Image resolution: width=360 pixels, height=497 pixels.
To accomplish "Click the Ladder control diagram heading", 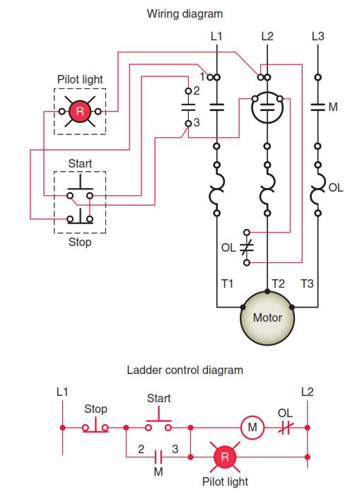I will click(x=185, y=370).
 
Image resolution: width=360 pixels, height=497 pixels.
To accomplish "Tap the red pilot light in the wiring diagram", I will click(x=80, y=111).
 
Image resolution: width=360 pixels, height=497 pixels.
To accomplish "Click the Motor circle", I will click(x=267, y=317).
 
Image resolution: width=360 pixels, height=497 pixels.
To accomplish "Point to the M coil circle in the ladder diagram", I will click(x=251, y=427).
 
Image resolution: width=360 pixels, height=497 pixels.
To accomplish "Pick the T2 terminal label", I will click(x=278, y=283).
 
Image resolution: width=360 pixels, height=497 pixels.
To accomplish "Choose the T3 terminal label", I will click(x=307, y=283).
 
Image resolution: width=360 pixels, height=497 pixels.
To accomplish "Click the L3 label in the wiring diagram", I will click(x=318, y=35).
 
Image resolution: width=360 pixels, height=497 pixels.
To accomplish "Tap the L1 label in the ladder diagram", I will click(x=62, y=391).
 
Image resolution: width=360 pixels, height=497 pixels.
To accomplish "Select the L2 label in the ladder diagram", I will click(x=307, y=391).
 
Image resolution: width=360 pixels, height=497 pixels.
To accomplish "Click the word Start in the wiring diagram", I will click(x=80, y=163).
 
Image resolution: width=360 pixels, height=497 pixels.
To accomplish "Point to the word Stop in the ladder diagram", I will click(x=95, y=409).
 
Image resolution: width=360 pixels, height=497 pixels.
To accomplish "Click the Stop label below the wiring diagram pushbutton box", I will click(x=80, y=242).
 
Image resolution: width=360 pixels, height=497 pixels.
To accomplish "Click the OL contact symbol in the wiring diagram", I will click(x=245, y=247).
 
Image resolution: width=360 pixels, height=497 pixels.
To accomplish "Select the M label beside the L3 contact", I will click(x=334, y=107).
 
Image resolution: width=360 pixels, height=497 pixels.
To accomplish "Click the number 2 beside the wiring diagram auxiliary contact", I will click(x=197, y=90).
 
